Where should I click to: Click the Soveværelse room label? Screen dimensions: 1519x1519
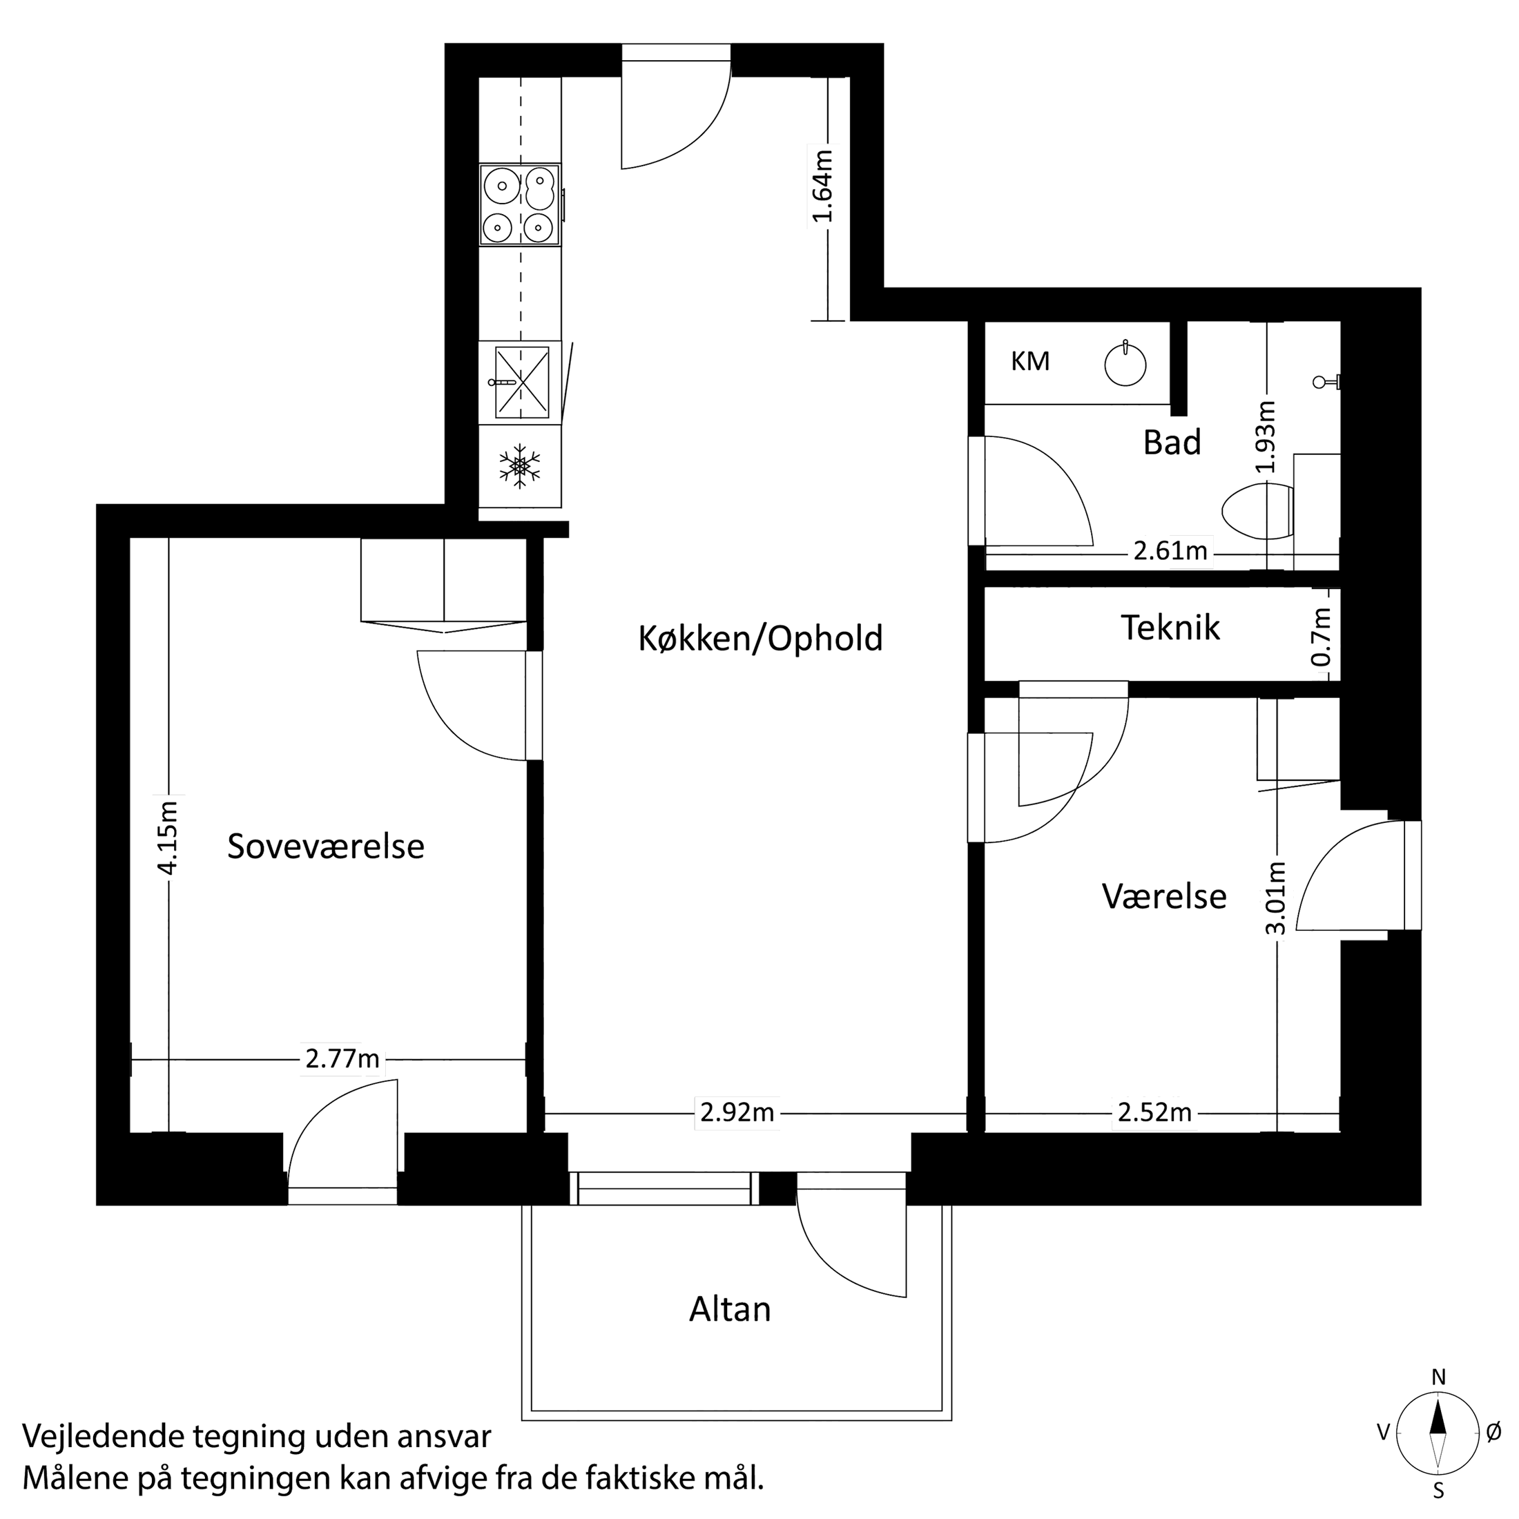(325, 846)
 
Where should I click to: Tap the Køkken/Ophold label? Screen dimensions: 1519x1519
(760, 639)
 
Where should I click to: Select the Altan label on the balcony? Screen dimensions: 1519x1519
(730, 1310)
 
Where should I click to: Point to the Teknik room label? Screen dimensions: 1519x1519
(1170, 628)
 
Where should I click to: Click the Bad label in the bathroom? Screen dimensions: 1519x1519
(1172, 443)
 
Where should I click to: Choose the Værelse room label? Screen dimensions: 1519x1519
(1163, 896)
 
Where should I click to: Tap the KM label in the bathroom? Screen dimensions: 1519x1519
(1030, 362)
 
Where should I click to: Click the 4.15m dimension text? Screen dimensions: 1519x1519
(168, 835)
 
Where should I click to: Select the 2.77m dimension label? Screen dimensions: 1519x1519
(342, 1060)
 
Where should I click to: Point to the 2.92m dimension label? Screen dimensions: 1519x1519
(737, 1113)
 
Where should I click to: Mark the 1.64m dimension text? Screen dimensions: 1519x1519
(822, 186)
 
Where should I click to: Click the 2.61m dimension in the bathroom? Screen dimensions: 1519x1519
(1170, 551)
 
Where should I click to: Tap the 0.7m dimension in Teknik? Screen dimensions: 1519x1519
(1322, 637)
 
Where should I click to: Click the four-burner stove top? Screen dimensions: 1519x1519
(520, 205)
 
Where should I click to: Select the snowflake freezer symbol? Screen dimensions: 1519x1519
(520, 466)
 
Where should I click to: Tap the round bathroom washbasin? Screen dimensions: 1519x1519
(1125, 365)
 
